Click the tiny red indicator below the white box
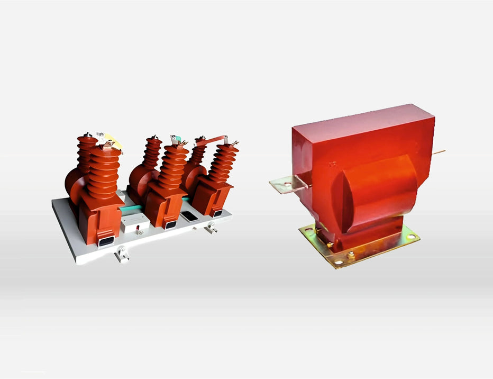tap(138, 229)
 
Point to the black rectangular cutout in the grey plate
tap(189, 215)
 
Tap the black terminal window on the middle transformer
tap(170, 225)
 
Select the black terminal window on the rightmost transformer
tap(217, 213)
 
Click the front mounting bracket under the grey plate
tap(122, 256)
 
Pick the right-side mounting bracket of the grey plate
tap(211, 229)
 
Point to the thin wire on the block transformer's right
tap(439, 152)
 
